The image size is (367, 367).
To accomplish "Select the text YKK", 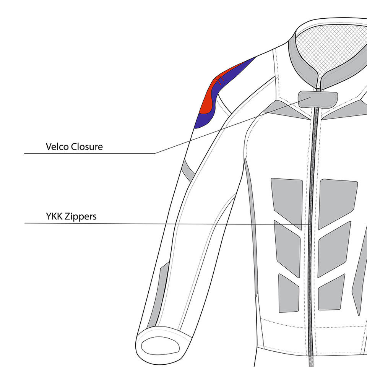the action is [x=54, y=217].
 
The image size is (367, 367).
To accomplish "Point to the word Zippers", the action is [x=81, y=217].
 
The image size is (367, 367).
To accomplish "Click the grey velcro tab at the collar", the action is [x=318, y=99].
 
